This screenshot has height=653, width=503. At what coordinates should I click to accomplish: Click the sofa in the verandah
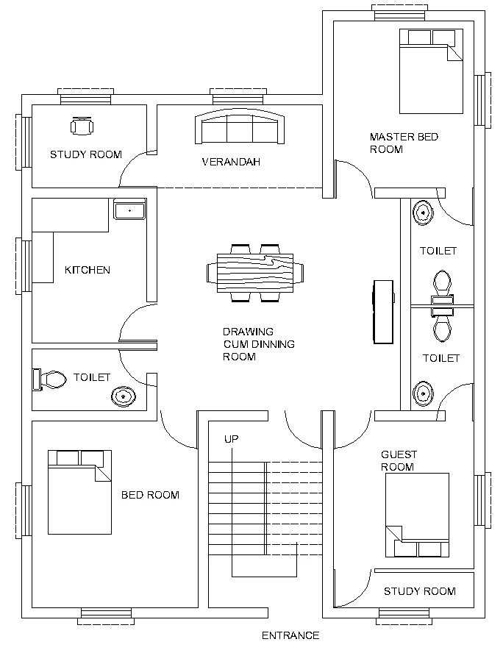[240, 126]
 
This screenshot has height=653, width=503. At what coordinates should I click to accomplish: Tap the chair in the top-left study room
[82, 126]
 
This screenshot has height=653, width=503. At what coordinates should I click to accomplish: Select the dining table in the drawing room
[255, 273]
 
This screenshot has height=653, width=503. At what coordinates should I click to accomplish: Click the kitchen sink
[129, 211]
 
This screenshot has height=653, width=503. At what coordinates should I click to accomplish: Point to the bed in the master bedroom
[431, 71]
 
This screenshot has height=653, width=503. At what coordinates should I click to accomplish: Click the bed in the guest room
[417, 515]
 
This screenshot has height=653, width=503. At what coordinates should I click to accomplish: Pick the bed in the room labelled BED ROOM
[79, 492]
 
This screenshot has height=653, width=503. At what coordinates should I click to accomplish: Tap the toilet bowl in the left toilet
[50, 379]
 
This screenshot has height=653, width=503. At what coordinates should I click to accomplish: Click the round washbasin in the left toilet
[124, 396]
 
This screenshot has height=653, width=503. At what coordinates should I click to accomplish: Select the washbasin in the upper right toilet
[423, 213]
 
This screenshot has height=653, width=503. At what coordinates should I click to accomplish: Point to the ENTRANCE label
[290, 635]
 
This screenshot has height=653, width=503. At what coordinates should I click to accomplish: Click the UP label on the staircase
[231, 439]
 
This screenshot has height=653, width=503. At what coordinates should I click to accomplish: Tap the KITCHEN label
[88, 270]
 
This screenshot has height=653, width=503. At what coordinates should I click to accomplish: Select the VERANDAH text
[231, 162]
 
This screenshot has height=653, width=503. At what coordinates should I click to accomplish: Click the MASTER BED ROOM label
[404, 143]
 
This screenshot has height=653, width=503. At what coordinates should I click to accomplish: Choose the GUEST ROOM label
[399, 460]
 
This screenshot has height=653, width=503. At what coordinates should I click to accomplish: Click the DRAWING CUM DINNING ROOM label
[259, 344]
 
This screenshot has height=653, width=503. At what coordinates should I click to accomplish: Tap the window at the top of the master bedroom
[399, 13]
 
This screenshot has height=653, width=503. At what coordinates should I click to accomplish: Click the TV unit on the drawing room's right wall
[383, 312]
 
